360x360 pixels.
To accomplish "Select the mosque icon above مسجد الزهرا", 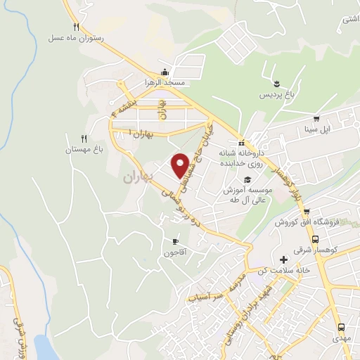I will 165,71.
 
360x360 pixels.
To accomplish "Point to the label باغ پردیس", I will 276,94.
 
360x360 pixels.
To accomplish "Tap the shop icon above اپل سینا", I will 317,118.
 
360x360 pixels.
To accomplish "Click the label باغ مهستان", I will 85,149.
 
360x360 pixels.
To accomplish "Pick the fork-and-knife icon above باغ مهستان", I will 84,138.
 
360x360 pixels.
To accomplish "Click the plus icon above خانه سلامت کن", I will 283,260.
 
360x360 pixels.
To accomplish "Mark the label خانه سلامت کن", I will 283,272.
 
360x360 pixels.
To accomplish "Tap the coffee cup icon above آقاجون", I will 174,241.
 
